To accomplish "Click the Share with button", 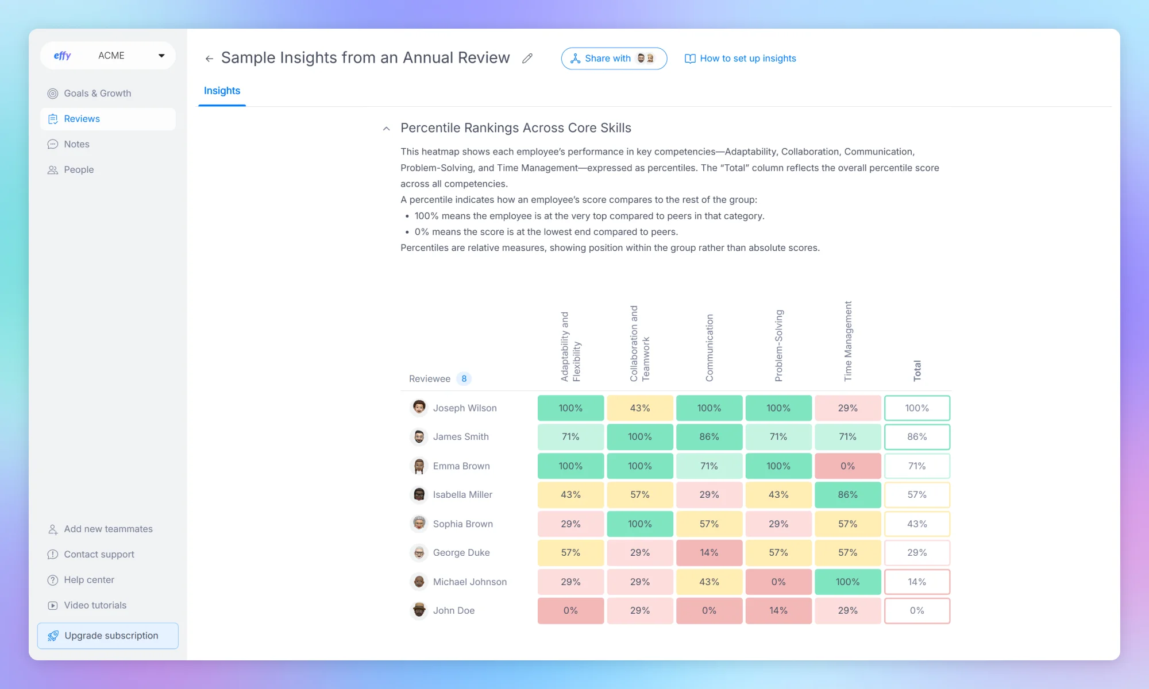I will tap(613, 59).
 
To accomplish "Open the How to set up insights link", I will tap(741, 59).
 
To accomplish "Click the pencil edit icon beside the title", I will tap(527, 58).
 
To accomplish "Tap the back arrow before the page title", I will tap(209, 59).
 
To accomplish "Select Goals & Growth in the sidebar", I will tap(97, 93).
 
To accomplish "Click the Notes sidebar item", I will tap(76, 144).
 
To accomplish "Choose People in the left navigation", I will tap(79, 169).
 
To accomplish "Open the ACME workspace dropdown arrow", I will tap(161, 56).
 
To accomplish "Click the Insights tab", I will tap(222, 91).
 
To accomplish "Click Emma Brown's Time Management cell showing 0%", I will tap(847, 466).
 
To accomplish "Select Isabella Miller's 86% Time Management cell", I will tap(847, 494).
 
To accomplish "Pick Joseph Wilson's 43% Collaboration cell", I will tap(639, 408).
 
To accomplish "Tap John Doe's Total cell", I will tap(916, 610).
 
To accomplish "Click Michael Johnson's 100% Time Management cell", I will tap(847, 582).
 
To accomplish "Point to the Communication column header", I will tap(709, 347).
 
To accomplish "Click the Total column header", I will tap(917, 370).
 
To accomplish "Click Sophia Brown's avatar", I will tap(419, 523).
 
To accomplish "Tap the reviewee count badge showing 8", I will tap(464, 378).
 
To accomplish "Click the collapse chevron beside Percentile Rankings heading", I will tap(387, 129).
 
